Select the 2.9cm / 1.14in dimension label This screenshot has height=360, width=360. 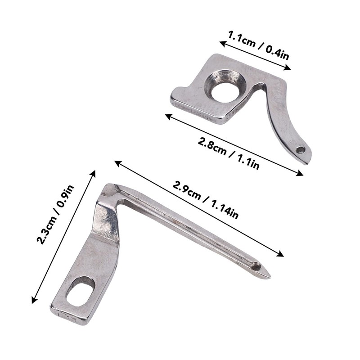pyautogui.click(x=206, y=200)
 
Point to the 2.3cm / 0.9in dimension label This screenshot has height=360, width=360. pyautogui.click(x=55, y=214)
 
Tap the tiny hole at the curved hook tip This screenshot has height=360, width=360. pyautogui.click(x=300, y=150)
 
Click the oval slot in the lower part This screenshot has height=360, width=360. pyautogui.click(x=81, y=291)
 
